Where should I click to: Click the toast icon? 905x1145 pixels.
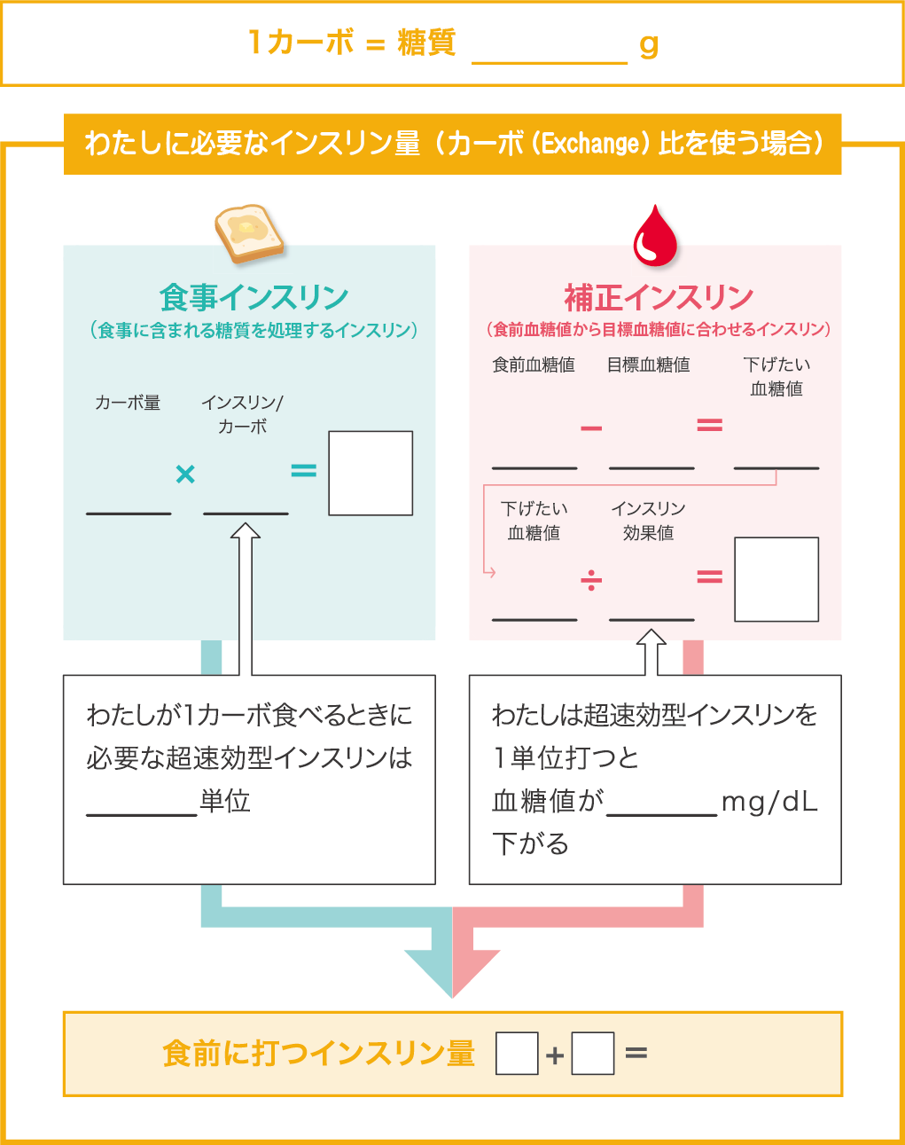pos(248,233)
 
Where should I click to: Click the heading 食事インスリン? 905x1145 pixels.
pos(254,297)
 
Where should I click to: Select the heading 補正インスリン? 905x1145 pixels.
pos(659,297)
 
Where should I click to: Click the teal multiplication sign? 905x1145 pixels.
pos(185,474)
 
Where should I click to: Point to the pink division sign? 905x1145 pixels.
pos(591,580)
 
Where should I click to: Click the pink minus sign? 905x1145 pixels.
pos(591,428)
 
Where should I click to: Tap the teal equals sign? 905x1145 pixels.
pos(304,471)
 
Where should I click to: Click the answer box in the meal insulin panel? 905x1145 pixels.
pos(371,473)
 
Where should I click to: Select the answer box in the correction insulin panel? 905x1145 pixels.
pos(776,579)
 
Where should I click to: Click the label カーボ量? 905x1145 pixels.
pos(128,404)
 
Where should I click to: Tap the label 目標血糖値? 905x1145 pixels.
pos(649,365)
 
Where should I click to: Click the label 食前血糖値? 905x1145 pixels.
pos(534,365)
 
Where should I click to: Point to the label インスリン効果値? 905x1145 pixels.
pos(648,521)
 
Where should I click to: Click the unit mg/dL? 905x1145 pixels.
pos(769,802)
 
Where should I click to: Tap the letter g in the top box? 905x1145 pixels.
pos(649,44)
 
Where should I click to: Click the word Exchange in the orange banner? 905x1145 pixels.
pos(590,143)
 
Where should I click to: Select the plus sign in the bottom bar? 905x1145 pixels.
pos(555,1055)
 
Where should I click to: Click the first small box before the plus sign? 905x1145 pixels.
pos(517,1054)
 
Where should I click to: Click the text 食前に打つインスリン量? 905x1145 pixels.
pos(319,1054)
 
